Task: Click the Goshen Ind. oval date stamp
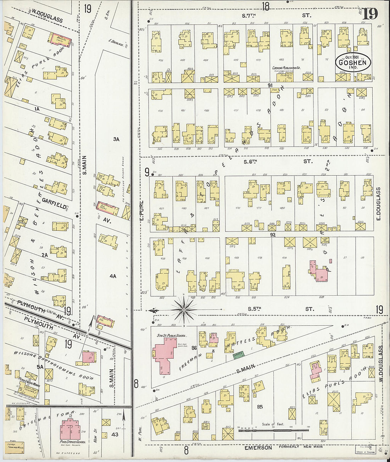[x=353, y=62]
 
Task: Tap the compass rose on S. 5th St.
[x=184, y=310]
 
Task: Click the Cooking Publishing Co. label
[x=286, y=68]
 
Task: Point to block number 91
[x=270, y=85]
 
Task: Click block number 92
[x=272, y=234]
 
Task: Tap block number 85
[x=260, y=407]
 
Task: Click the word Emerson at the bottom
[x=258, y=448]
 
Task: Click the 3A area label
[x=116, y=139]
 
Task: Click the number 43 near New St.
[x=115, y=434]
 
